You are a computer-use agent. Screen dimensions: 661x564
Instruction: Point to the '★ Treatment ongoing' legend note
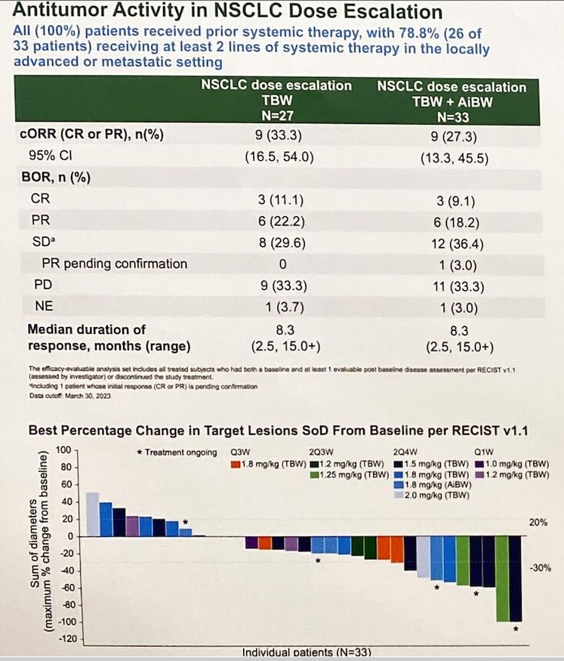click(176, 452)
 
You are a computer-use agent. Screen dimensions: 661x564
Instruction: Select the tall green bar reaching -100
click(501, 579)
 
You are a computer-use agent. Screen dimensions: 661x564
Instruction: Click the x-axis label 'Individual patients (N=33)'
click(306, 652)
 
